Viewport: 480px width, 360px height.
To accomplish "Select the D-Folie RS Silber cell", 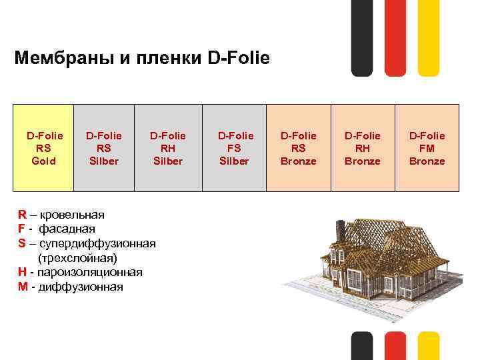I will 103,149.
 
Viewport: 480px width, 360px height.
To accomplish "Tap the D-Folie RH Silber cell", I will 167,149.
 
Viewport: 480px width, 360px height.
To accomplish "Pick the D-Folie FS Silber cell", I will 233,149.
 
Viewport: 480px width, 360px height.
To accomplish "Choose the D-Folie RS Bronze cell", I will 298,149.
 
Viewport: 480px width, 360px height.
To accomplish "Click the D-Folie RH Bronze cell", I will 362,149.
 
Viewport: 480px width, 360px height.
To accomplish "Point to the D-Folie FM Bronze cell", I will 427,149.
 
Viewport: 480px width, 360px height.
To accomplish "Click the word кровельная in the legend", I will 72,215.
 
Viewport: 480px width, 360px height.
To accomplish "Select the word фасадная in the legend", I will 67,229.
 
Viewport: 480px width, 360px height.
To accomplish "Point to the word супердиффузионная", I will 97,243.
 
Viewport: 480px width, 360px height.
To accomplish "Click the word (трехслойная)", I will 77,257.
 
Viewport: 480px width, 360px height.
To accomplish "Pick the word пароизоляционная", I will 89,272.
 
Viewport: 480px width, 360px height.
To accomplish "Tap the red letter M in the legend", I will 23,287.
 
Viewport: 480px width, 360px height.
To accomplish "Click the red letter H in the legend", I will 23,272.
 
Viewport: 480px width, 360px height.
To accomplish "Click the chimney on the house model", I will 340,230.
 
